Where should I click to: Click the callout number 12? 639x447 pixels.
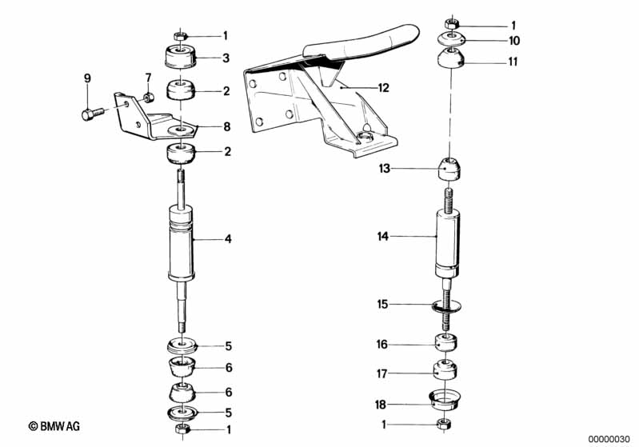[x=384, y=88]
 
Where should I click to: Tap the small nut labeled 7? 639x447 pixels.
[x=148, y=98]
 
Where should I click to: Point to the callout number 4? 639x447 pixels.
[x=228, y=239]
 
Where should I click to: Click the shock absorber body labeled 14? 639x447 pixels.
[x=448, y=243]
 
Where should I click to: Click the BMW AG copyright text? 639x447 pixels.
[x=54, y=426]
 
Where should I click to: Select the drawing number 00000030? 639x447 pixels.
[x=610, y=439]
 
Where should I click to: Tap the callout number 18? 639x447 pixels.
[x=380, y=405]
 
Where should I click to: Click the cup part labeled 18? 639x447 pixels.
[x=445, y=400]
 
